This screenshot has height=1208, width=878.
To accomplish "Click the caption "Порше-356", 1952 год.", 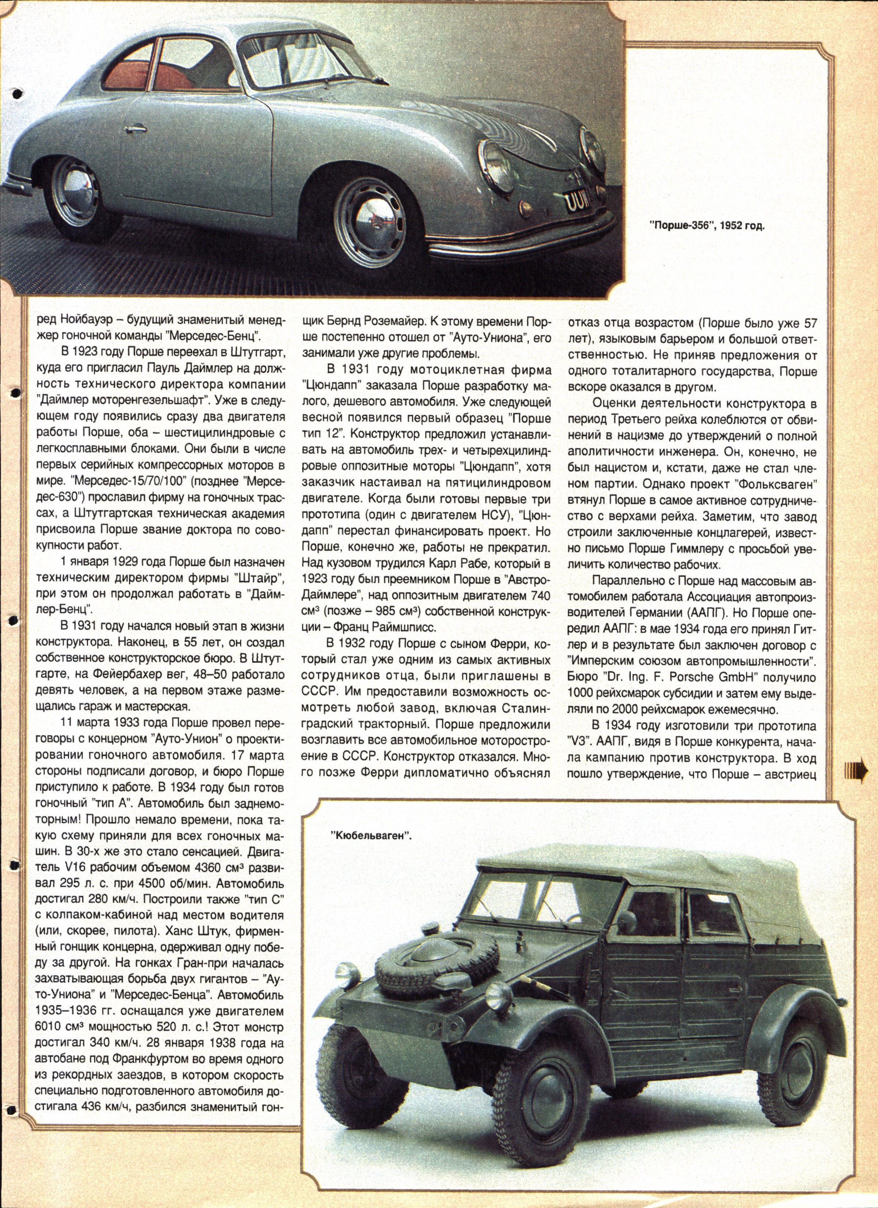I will (x=707, y=226).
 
